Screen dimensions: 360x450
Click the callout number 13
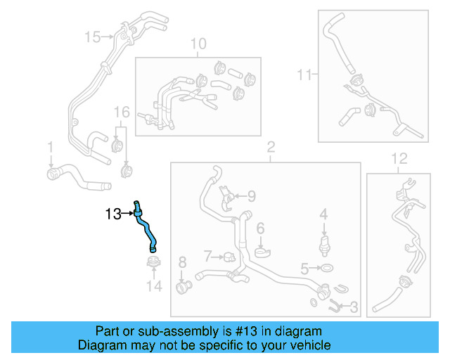click(113, 214)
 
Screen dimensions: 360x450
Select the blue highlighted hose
click(146, 226)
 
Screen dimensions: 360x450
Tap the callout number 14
click(154, 286)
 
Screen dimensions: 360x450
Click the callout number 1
click(50, 147)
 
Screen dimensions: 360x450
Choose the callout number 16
click(122, 112)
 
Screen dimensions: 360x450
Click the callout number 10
click(198, 44)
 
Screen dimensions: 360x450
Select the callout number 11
click(304, 73)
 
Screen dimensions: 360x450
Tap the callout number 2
click(270, 148)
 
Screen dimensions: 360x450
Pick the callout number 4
click(323, 213)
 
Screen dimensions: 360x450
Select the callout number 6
click(259, 228)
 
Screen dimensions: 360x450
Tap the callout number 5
click(304, 268)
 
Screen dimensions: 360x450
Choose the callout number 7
click(207, 255)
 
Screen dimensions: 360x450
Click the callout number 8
click(182, 262)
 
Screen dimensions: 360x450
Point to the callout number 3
click(354, 307)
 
